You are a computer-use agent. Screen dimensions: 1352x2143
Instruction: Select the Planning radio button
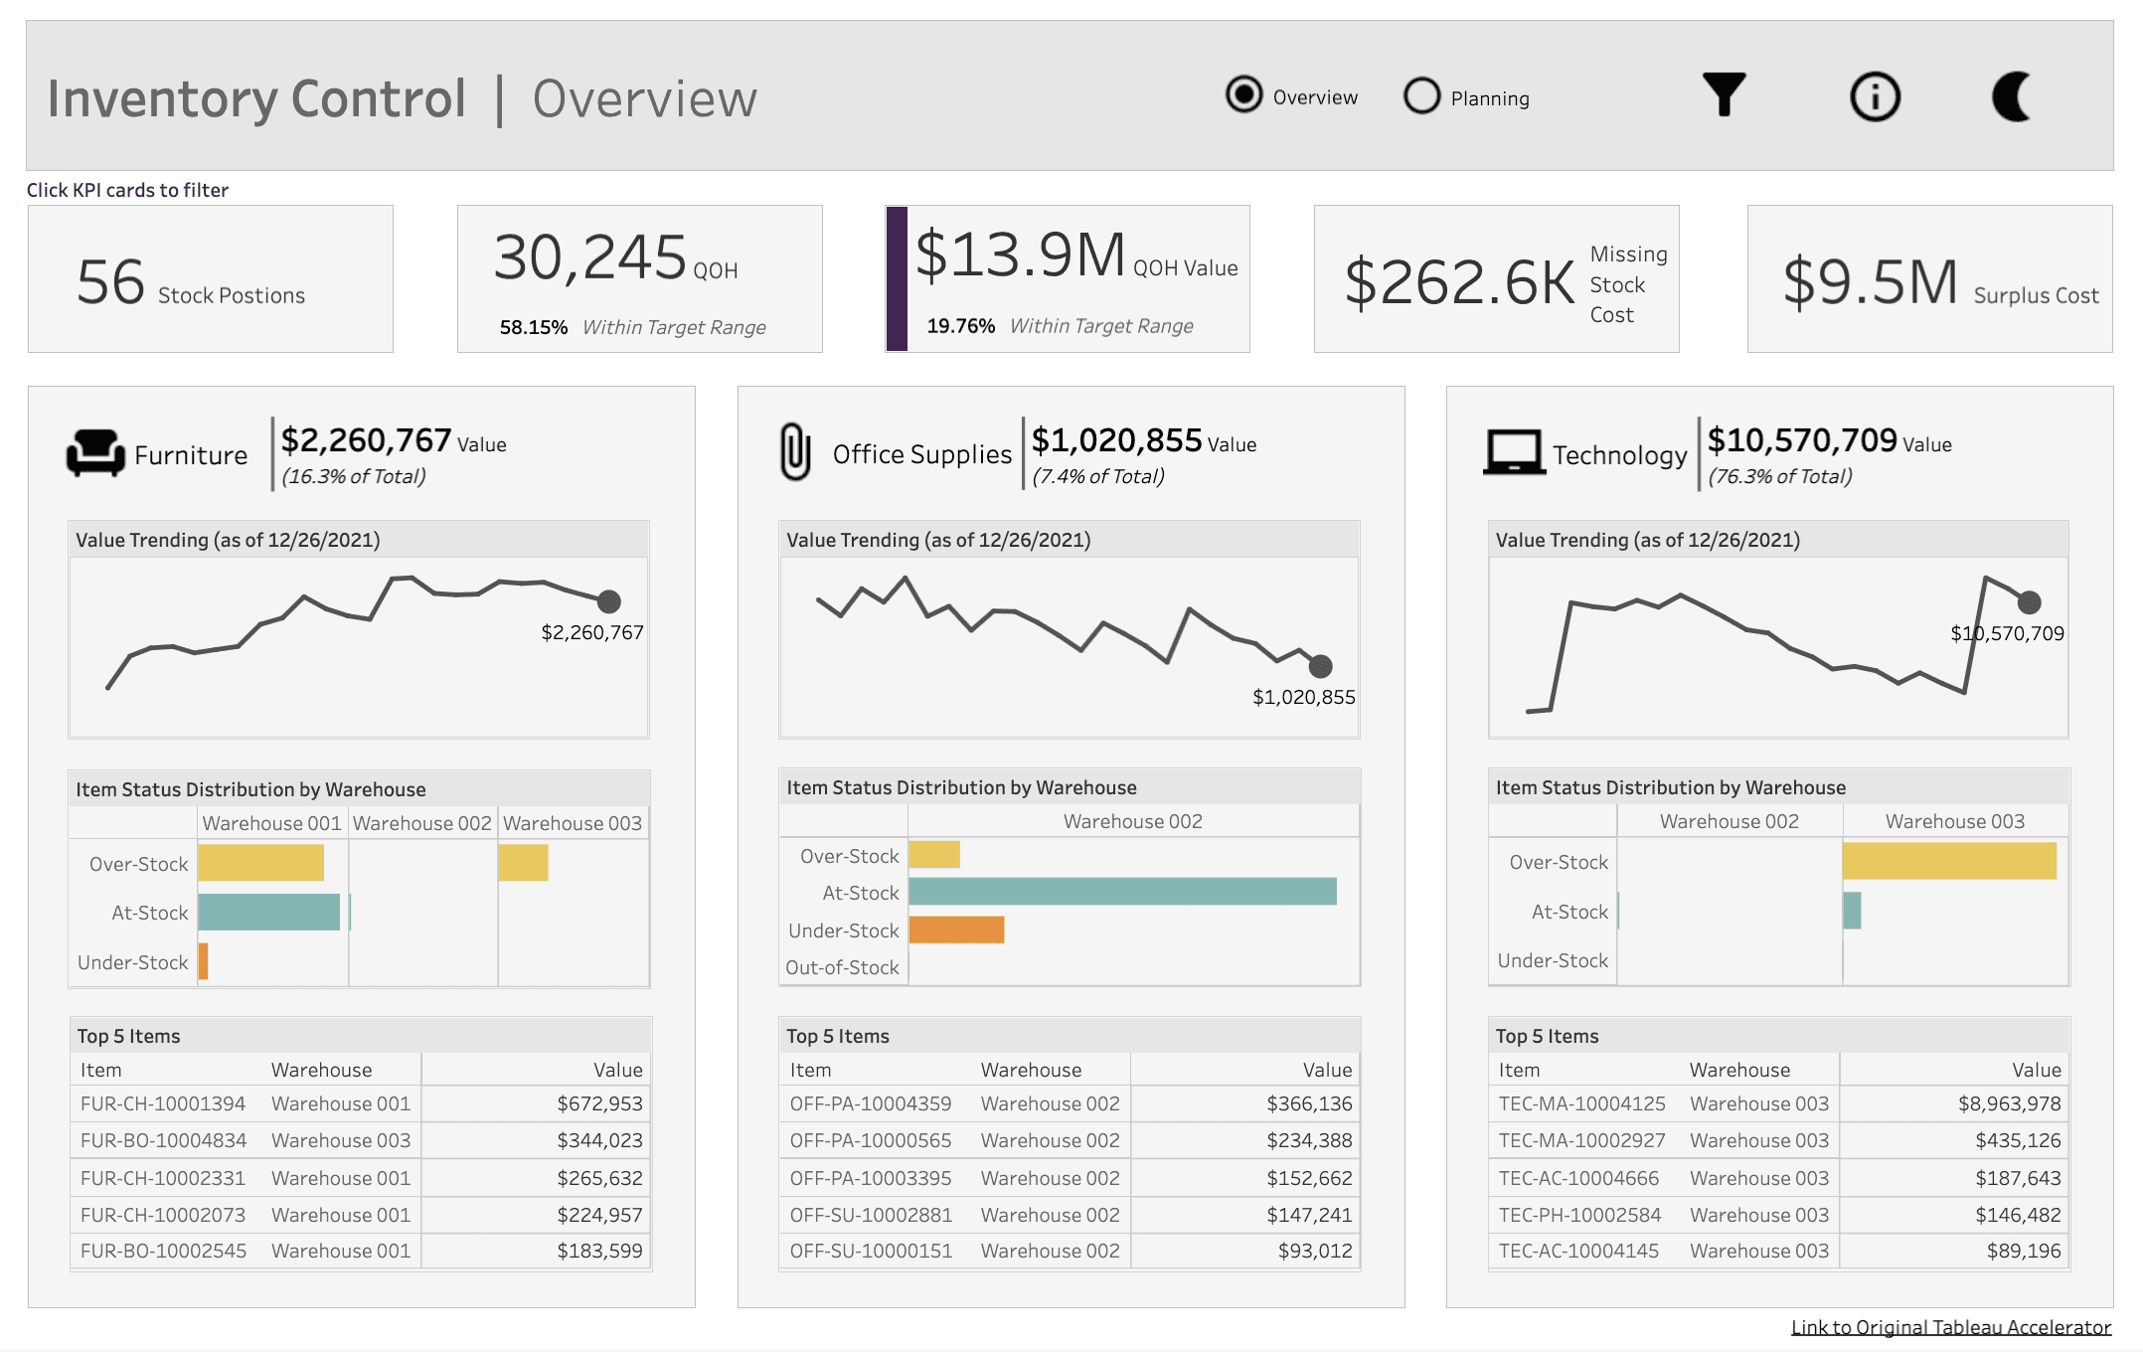pyautogui.click(x=1422, y=96)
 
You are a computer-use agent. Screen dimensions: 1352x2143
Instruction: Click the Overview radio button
pyautogui.click(x=1243, y=95)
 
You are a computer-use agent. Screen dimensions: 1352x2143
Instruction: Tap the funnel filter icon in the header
pyautogui.click(x=1724, y=95)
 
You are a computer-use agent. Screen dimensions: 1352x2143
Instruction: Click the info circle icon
pyautogui.click(x=1875, y=96)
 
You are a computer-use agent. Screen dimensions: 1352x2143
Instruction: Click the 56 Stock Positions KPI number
pyautogui.click(x=111, y=282)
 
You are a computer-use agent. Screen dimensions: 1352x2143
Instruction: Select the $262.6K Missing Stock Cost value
pyautogui.click(x=1459, y=282)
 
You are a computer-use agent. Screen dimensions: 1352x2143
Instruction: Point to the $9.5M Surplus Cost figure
pyautogui.click(x=1870, y=282)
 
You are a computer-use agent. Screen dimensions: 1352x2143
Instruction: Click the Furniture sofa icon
pyautogui.click(x=95, y=453)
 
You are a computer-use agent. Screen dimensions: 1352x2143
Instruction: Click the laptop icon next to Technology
pyautogui.click(x=1514, y=452)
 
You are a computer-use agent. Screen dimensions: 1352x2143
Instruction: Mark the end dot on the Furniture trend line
pyautogui.click(x=609, y=601)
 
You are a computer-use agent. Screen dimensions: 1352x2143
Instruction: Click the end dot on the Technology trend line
pyautogui.click(x=2029, y=602)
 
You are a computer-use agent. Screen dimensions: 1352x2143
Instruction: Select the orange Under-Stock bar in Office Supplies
pyautogui.click(x=956, y=929)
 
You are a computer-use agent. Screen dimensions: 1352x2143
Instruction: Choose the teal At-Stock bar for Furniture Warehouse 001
pyautogui.click(x=268, y=912)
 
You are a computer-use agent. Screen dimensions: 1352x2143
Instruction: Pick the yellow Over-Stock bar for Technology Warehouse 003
pyautogui.click(x=1949, y=861)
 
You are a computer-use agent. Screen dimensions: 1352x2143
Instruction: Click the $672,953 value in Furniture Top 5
pyautogui.click(x=599, y=1103)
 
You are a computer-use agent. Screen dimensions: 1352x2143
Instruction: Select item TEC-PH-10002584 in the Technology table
pyautogui.click(x=1579, y=1215)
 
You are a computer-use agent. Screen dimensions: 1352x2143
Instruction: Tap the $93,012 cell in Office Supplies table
pyautogui.click(x=1314, y=1251)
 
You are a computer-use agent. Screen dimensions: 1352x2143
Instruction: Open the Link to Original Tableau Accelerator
pyautogui.click(x=1950, y=1327)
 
